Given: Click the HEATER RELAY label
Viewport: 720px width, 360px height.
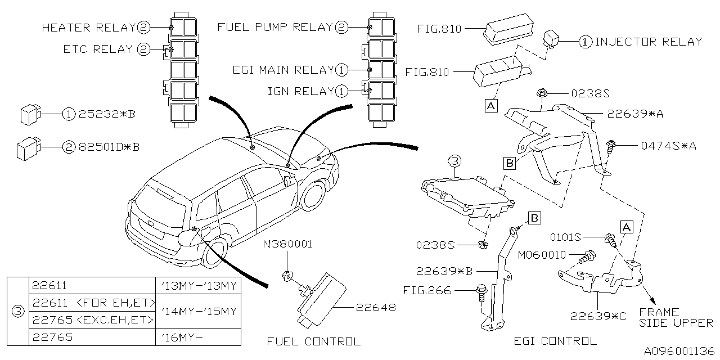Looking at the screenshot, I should [x=89, y=27].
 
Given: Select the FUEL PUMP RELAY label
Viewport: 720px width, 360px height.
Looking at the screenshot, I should [x=276, y=27].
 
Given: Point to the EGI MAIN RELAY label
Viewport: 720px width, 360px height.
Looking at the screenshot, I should [x=283, y=70].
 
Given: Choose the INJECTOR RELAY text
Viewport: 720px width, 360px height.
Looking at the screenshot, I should [x=649, y=42].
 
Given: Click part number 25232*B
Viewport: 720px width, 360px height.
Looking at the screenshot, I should [x=107, y=114].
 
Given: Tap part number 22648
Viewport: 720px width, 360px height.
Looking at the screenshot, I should [x=375, y=307].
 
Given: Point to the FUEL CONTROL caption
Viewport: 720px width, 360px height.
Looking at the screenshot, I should [x=313, y=341].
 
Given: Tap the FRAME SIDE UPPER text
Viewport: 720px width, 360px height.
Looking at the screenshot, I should [x=676, y=317].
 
